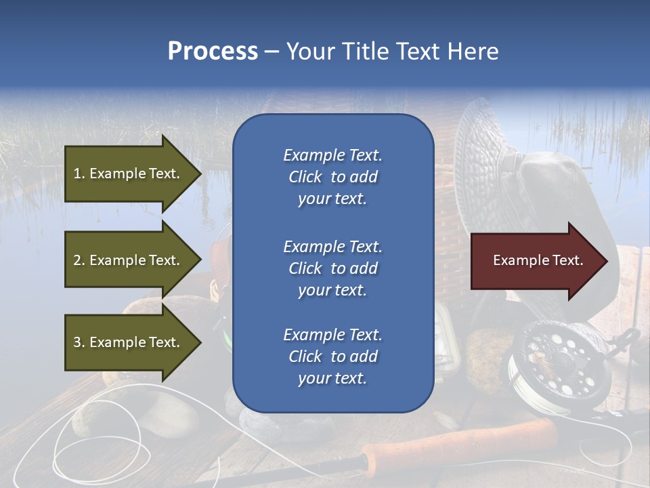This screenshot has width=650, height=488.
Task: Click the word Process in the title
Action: [x=213, y=52]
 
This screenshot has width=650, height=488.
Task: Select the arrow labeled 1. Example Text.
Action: [x=129, y=174]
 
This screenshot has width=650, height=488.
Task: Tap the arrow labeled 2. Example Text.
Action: [x=129, y=260]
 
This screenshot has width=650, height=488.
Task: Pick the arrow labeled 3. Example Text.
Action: [x=129, y=342]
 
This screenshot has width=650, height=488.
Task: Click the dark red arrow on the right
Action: [x=535, y=261]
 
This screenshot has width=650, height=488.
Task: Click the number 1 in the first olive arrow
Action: [x=77, y=174]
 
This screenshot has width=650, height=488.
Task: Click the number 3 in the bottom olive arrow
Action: [x=77, y=342]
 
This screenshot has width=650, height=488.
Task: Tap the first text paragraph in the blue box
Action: [x=332, y=177]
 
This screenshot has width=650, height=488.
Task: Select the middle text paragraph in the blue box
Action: [x=332, y=268]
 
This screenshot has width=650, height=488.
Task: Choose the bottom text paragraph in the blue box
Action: [x=332, y=357]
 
